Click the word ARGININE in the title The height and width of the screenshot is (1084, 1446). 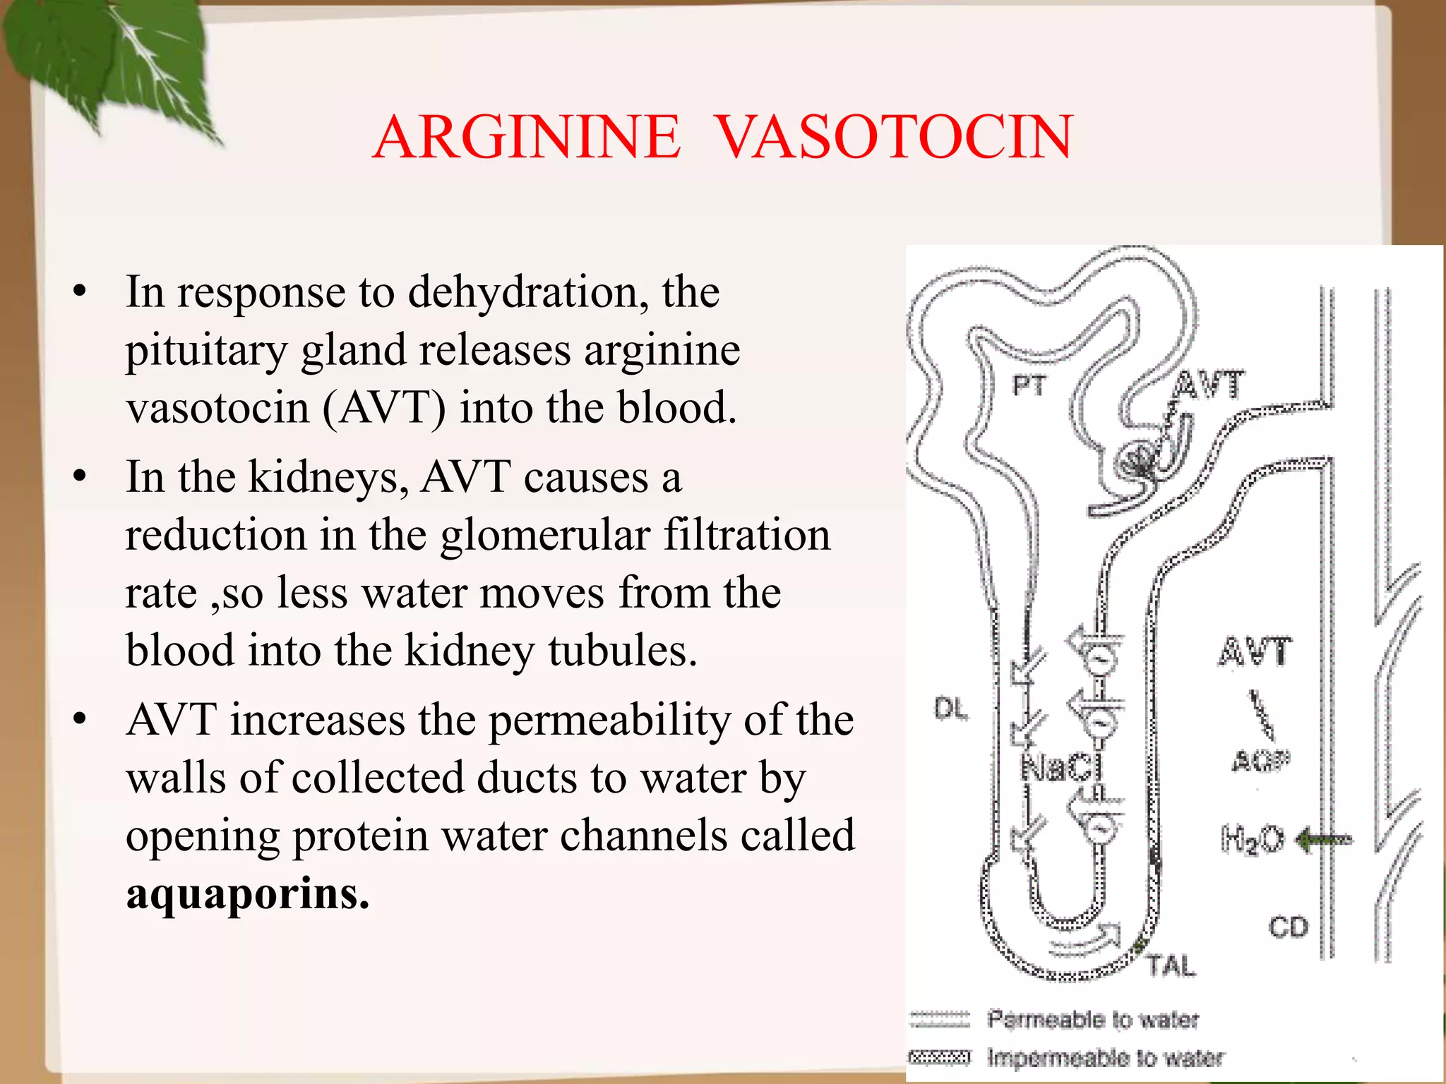click(527, 137)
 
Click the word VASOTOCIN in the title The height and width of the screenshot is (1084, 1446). click(895, 137)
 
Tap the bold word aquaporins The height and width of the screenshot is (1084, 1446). click(247, 893)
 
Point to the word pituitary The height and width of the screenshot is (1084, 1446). click(205, 351)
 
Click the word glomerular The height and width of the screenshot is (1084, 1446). click(545, 534)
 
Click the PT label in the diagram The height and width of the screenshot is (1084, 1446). click(1029, 386)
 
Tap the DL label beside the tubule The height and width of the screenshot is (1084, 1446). click(951, 709)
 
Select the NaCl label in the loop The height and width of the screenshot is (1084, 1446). click(1061, 768)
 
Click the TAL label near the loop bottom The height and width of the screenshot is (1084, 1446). click(1171, 965)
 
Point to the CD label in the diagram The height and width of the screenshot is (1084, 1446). click(1288, 927)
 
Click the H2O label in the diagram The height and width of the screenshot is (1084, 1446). click(1252, 840)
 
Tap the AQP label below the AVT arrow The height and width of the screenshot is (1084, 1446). click(1261, 761)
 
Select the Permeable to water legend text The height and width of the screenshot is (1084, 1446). click(1092, 1019)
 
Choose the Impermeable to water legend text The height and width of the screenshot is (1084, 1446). click(1105, 1057)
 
